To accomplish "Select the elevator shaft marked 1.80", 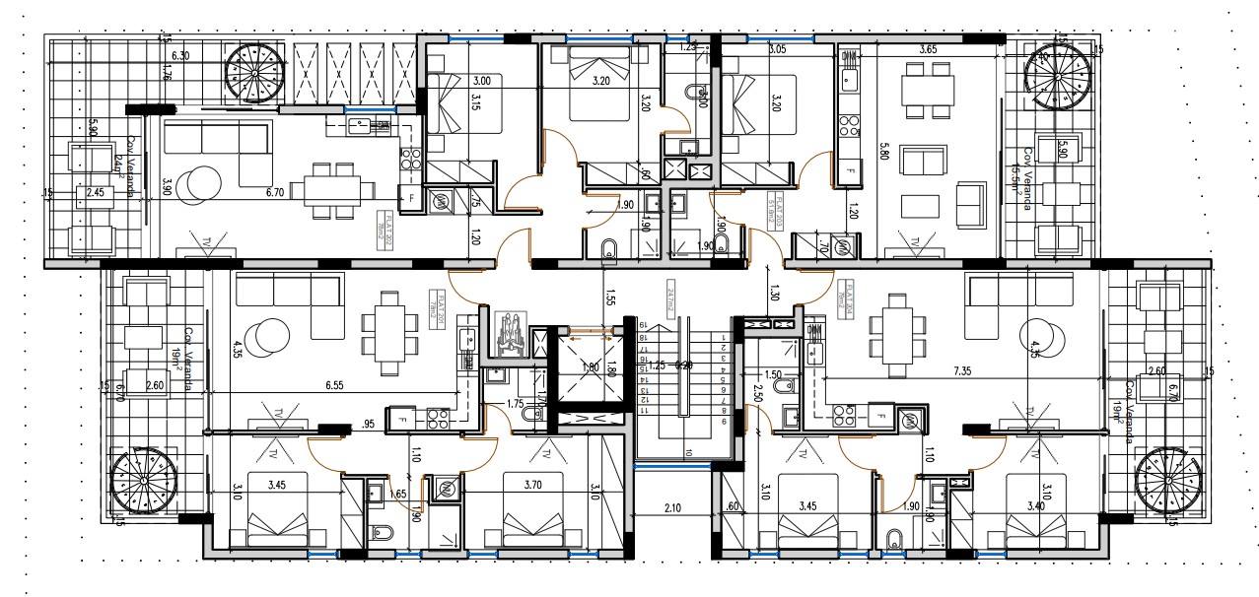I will tap(589, 367).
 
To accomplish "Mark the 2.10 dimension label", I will tap(671, 507).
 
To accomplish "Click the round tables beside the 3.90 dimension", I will tap(205, 181).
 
